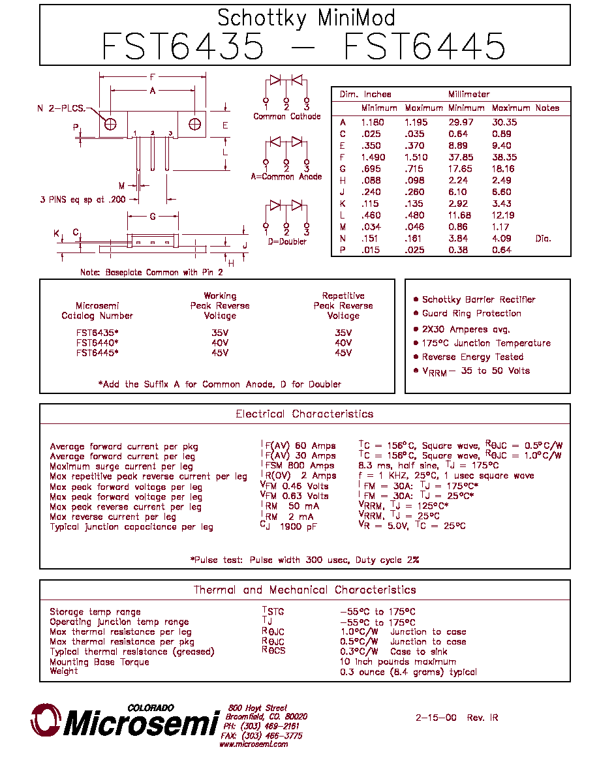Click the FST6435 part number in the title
tap(183, 46)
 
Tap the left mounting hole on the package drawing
tap(110, 124)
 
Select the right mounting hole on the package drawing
tap(194, 124)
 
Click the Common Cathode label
tap(286, 116)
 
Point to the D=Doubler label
tap(286, 241)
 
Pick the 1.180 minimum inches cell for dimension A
tap(373, 122)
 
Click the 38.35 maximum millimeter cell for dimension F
tap(504, 157)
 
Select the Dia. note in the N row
tap(543, 238)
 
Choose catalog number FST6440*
tap(97, 342)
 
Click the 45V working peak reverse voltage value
tap(220, 352)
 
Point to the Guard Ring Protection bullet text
tap(472, 313)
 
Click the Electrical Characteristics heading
tap(305, 414)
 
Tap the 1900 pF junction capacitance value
tap(298, 526)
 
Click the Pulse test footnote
tap(305, 560)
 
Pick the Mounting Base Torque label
tap(99, 661)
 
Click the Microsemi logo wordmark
tap(141, 723)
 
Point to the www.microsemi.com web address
tap(254, 744)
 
